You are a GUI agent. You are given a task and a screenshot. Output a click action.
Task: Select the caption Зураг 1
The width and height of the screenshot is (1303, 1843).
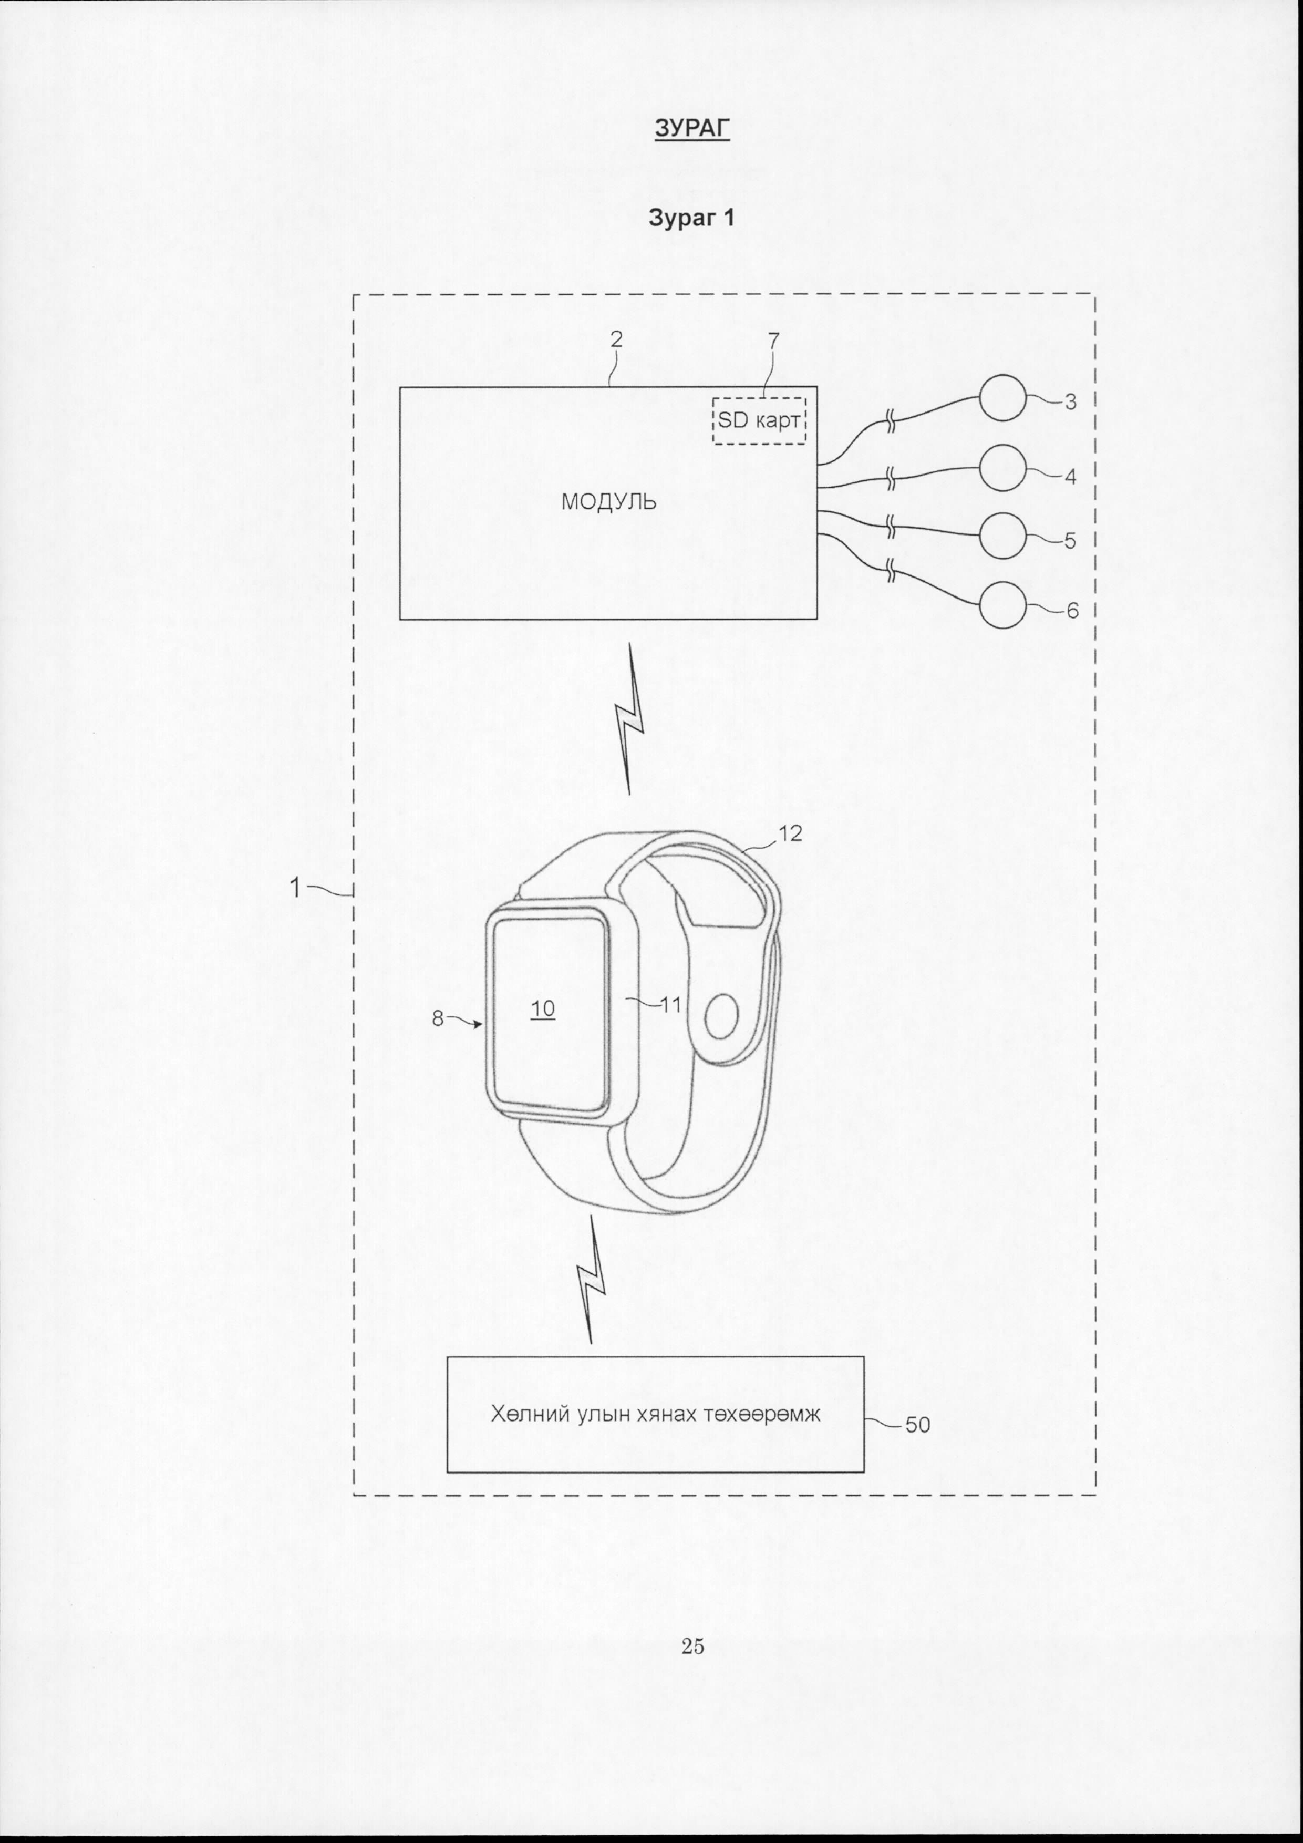coord(691,218)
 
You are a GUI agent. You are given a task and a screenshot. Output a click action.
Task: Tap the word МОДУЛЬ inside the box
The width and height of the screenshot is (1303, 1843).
coord(608,502)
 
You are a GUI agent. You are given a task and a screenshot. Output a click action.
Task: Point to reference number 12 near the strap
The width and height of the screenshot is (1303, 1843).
coord(790,833)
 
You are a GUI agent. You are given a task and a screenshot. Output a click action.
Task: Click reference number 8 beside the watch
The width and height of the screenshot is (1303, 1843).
coord(437,1018)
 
